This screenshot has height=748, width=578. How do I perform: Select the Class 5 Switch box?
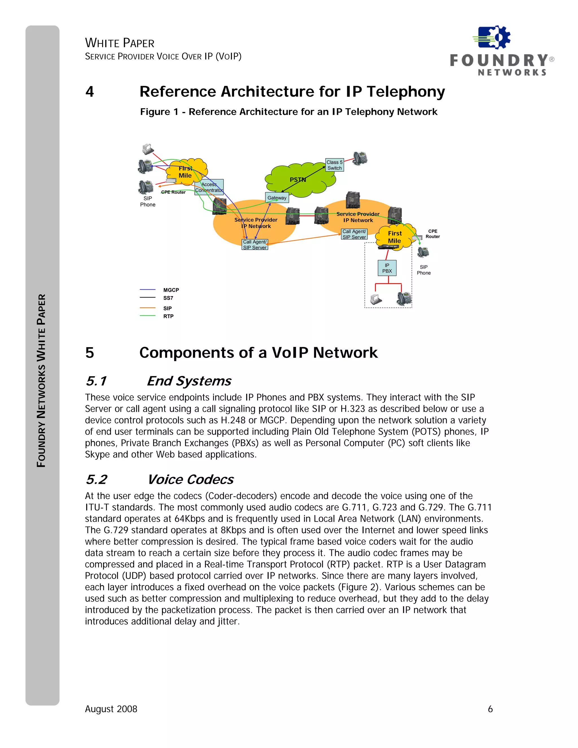click(x=334, y=165)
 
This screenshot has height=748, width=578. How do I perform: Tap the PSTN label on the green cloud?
click(x=297, y=180)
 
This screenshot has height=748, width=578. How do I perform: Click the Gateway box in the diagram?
click(x=277, y=198)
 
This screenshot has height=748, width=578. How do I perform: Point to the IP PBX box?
click(x=387, y=268)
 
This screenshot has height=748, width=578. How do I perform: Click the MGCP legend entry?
click(x=171, y=290)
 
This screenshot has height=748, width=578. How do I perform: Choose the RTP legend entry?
click(x=168, y=316)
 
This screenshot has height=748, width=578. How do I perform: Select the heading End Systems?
click(x=189, y=381)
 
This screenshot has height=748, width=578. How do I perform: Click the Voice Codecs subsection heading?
click(x=191, y=480)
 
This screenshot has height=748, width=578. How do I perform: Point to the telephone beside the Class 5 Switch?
click(x=360, y=158)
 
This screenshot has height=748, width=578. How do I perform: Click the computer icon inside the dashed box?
click(x=376, y=299)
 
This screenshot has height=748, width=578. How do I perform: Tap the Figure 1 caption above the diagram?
click(x=288, y=112)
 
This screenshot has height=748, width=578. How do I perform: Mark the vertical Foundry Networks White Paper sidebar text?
click(x=41, y=380)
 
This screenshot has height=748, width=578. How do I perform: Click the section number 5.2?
click(x=97, y=480)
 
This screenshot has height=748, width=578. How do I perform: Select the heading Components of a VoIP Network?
click(x=258, y=353)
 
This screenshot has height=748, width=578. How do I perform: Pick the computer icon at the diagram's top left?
click(x=148, y=149)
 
